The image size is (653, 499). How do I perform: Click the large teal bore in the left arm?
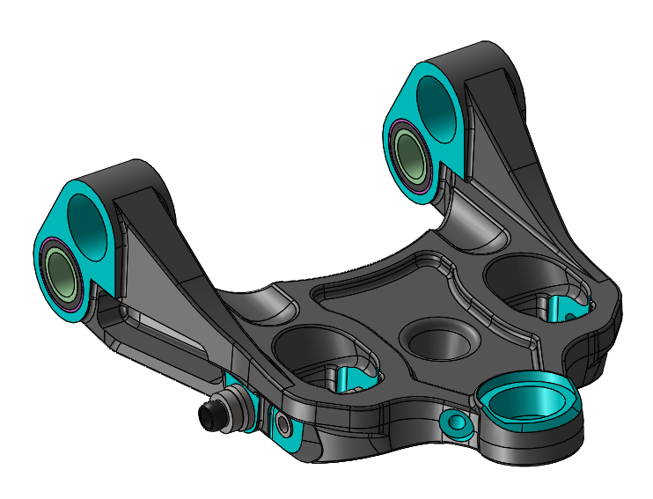click(87, 220)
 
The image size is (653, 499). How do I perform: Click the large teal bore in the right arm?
click(432, 100)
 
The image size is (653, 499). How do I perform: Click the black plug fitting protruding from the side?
click(212, 415)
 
